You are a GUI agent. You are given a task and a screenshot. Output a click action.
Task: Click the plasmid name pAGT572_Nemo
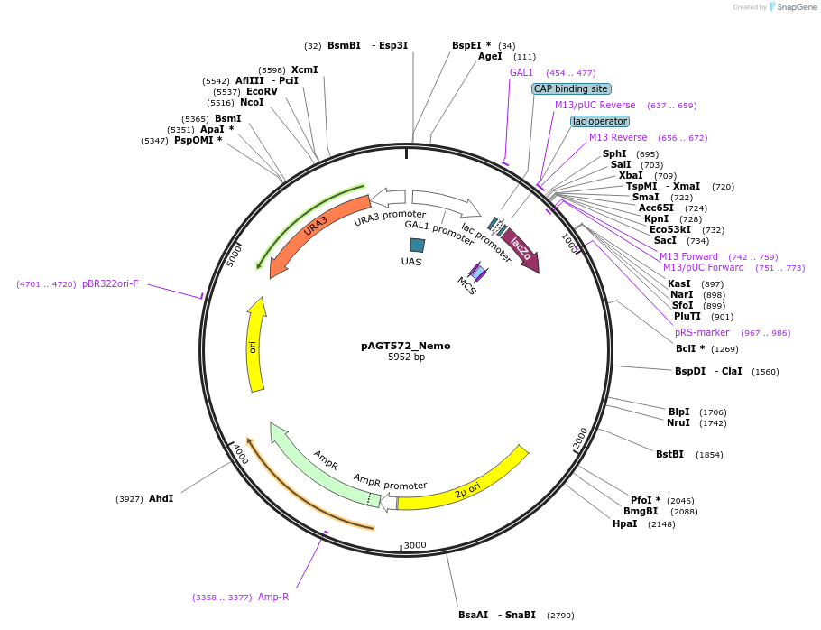coord(405,346)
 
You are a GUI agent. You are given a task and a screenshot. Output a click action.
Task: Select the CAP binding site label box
coord(571,88)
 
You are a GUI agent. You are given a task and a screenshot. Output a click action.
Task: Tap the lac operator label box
coord(600,121)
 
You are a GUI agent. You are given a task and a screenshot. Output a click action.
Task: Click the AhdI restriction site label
coord(161,498)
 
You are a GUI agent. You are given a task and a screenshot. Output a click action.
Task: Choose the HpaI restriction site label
coord(624,523)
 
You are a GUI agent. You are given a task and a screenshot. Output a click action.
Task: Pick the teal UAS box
coord(417,245)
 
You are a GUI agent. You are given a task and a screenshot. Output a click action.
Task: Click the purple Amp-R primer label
coord(273,597)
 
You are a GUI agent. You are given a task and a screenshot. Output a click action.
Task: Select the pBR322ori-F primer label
coord(110,283)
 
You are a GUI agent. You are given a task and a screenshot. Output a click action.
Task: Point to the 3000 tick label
coord(415,545)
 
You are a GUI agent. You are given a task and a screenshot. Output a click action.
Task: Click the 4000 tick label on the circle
coord(239,455)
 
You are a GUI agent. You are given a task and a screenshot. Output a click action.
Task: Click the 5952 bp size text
coord(406,357)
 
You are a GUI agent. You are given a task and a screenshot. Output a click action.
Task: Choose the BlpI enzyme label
coord(678,412)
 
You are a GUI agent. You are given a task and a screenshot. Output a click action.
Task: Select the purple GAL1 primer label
coord(521,72)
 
